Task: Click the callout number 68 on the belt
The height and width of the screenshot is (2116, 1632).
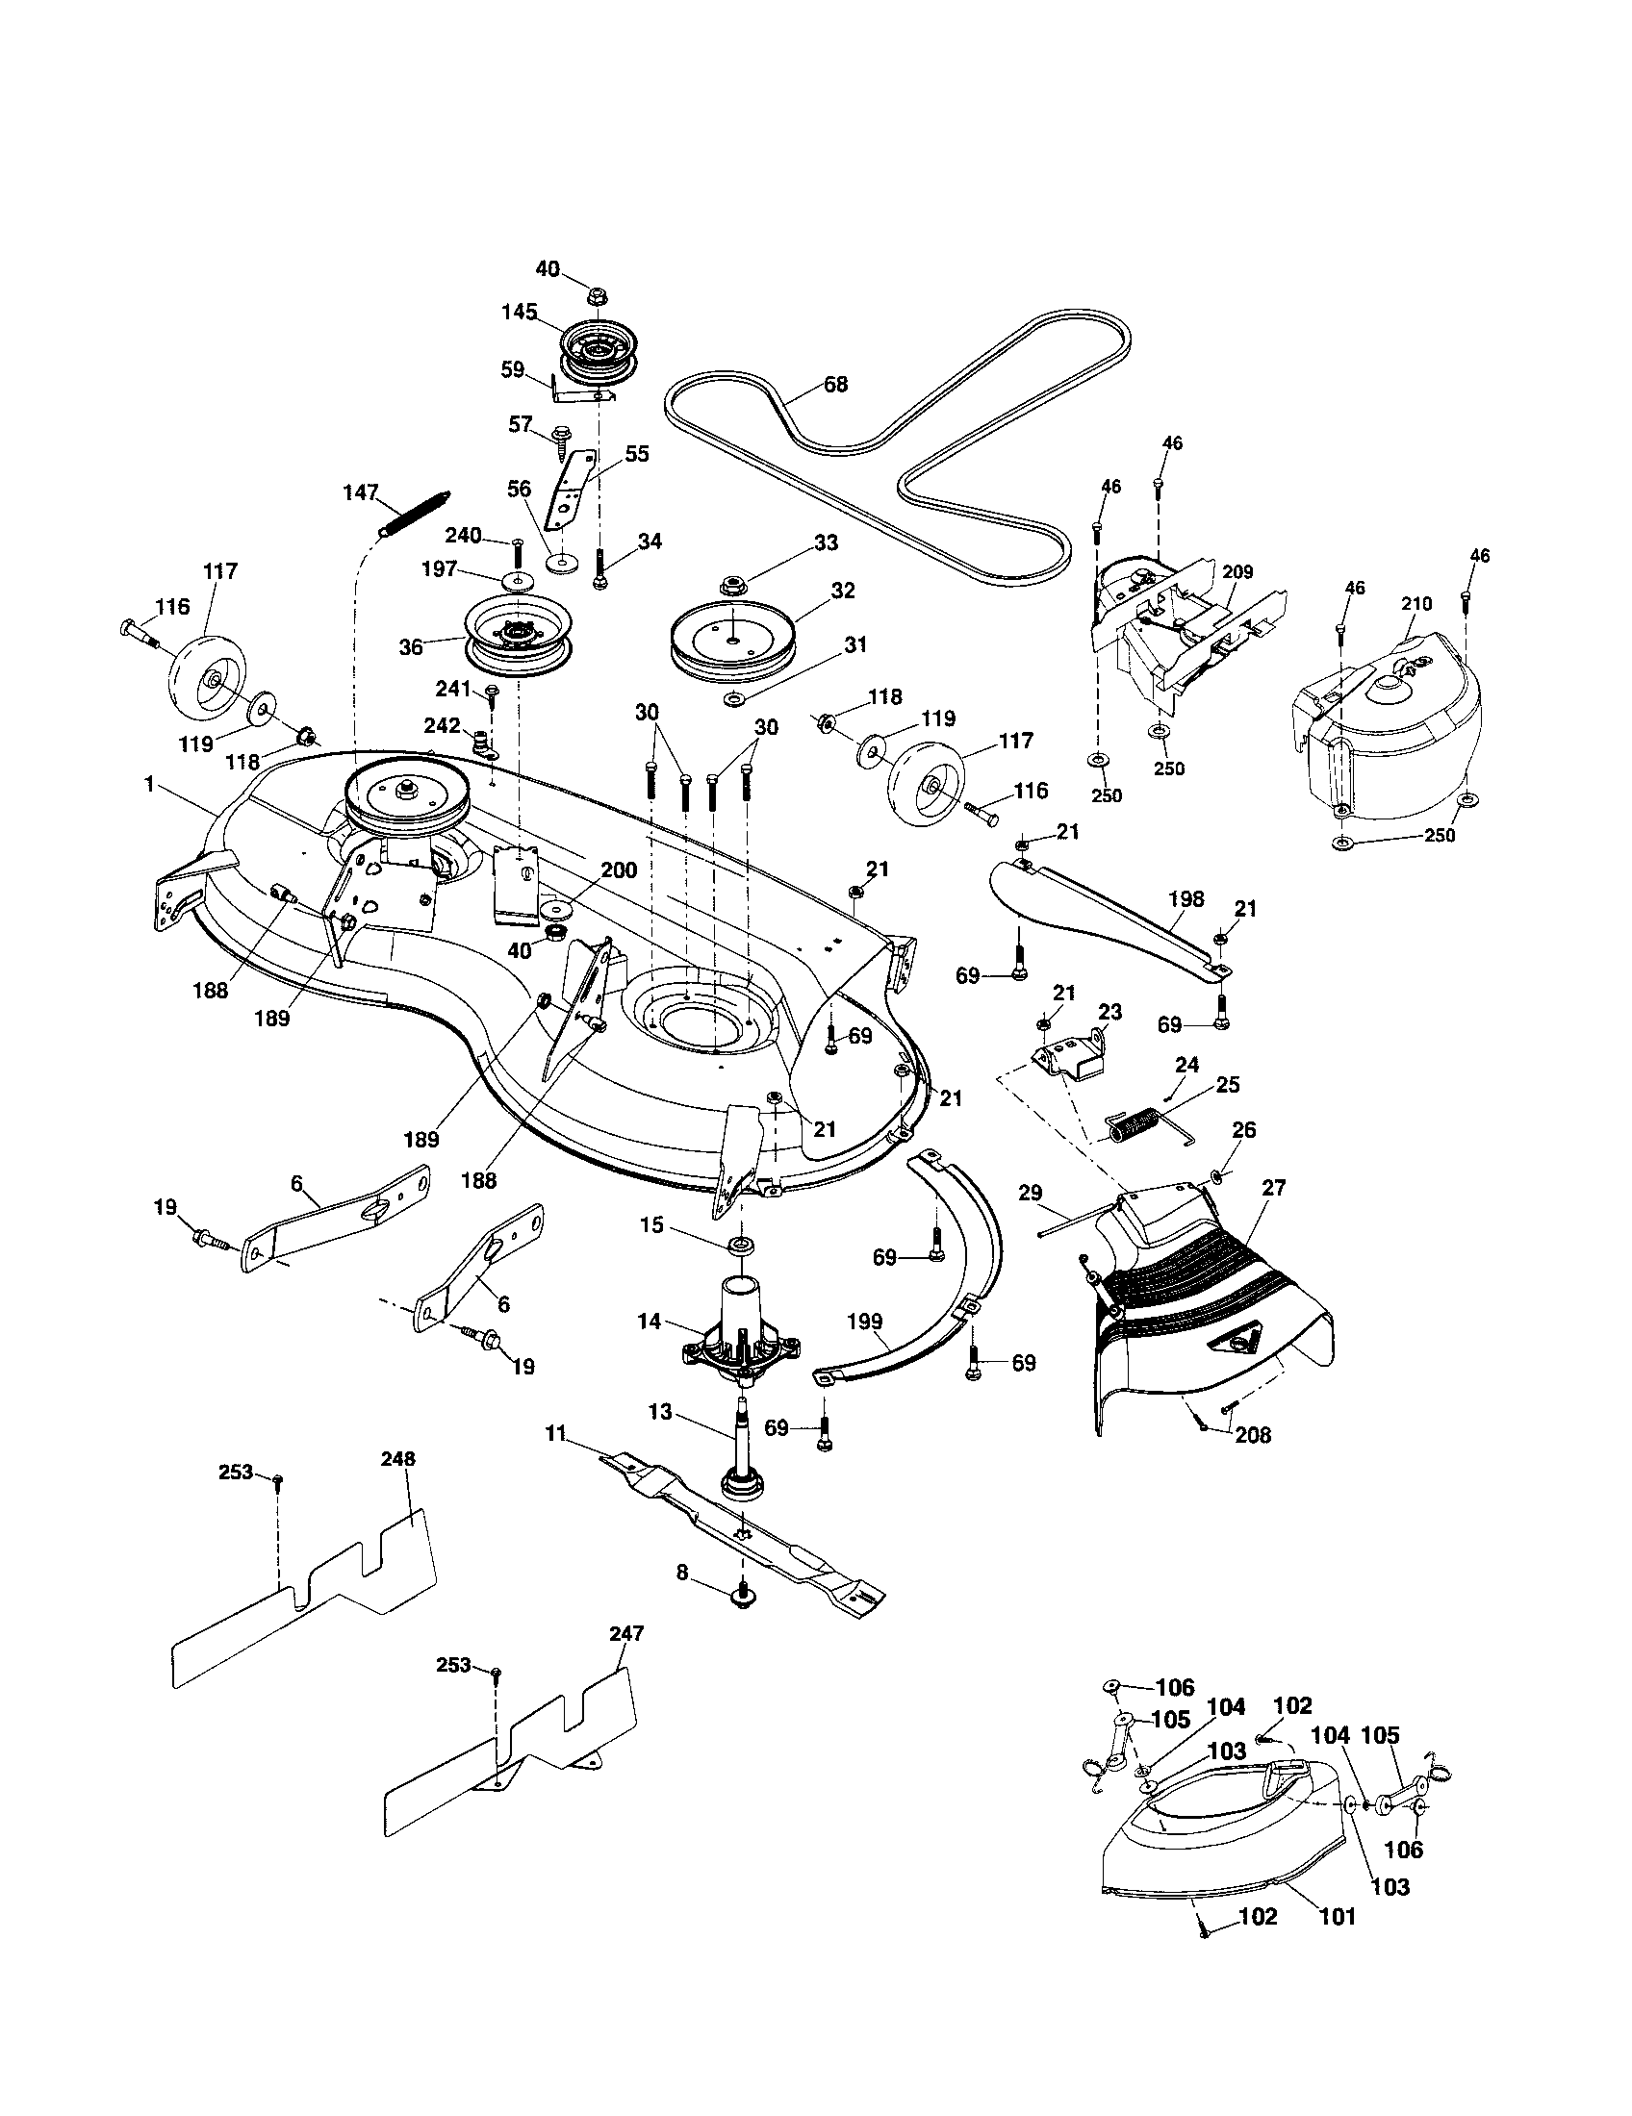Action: click(835, 385)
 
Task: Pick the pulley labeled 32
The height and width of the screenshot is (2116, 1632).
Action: click(738, 642)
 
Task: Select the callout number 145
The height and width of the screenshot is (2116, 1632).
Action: click(520, 313)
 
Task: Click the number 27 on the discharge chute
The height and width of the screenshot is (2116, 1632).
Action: click(1272, 1189)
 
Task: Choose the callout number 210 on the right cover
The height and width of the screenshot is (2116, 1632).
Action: click(1416, 604)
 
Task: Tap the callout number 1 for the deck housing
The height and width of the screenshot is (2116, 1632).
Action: click(149, 784)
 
